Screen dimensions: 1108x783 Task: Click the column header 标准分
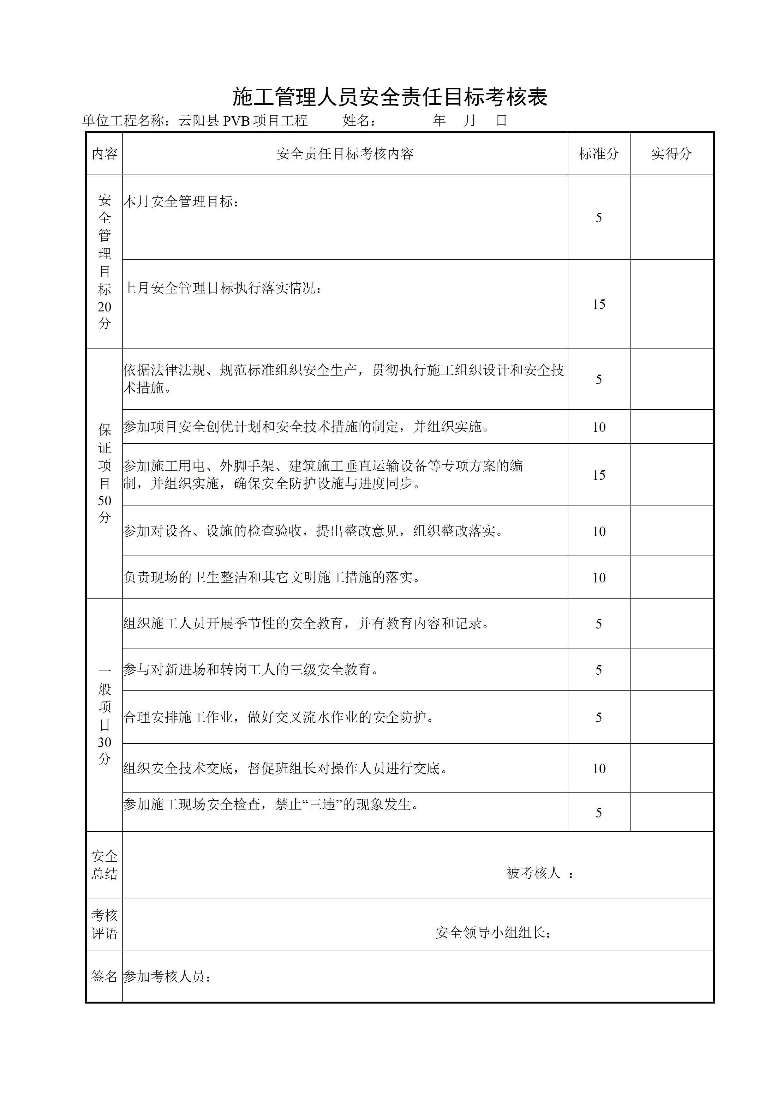(598, 154)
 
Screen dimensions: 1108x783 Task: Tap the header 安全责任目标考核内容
(345, 154)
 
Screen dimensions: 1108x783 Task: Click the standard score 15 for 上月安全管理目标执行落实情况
(599, 304)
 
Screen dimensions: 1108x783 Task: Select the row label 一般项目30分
(105, 715)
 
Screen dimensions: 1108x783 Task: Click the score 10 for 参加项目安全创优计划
(599, 427)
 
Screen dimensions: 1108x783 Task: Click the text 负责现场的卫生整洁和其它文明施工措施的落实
(272, 577)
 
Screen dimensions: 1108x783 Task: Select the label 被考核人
(534, 872)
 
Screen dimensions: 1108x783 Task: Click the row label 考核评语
(105, 924)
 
